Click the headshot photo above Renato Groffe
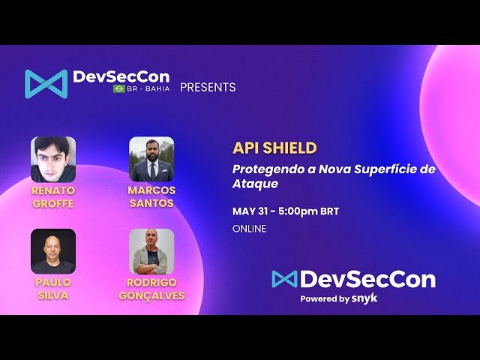point(53,159)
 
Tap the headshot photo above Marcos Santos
point(151,159)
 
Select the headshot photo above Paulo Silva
point(53,251)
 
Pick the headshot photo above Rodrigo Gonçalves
point(151,251)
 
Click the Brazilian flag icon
point(119,88)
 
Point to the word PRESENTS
point(208,87)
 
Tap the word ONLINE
point(250,229)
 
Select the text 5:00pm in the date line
point(298,211)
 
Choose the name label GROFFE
point(53,204)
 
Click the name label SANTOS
point(151,203)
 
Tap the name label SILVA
point(53,295)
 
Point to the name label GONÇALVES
point(151,295)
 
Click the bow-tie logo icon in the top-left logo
point(46,83)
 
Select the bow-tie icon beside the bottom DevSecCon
point(284,279)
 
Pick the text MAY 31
point(250,211)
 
